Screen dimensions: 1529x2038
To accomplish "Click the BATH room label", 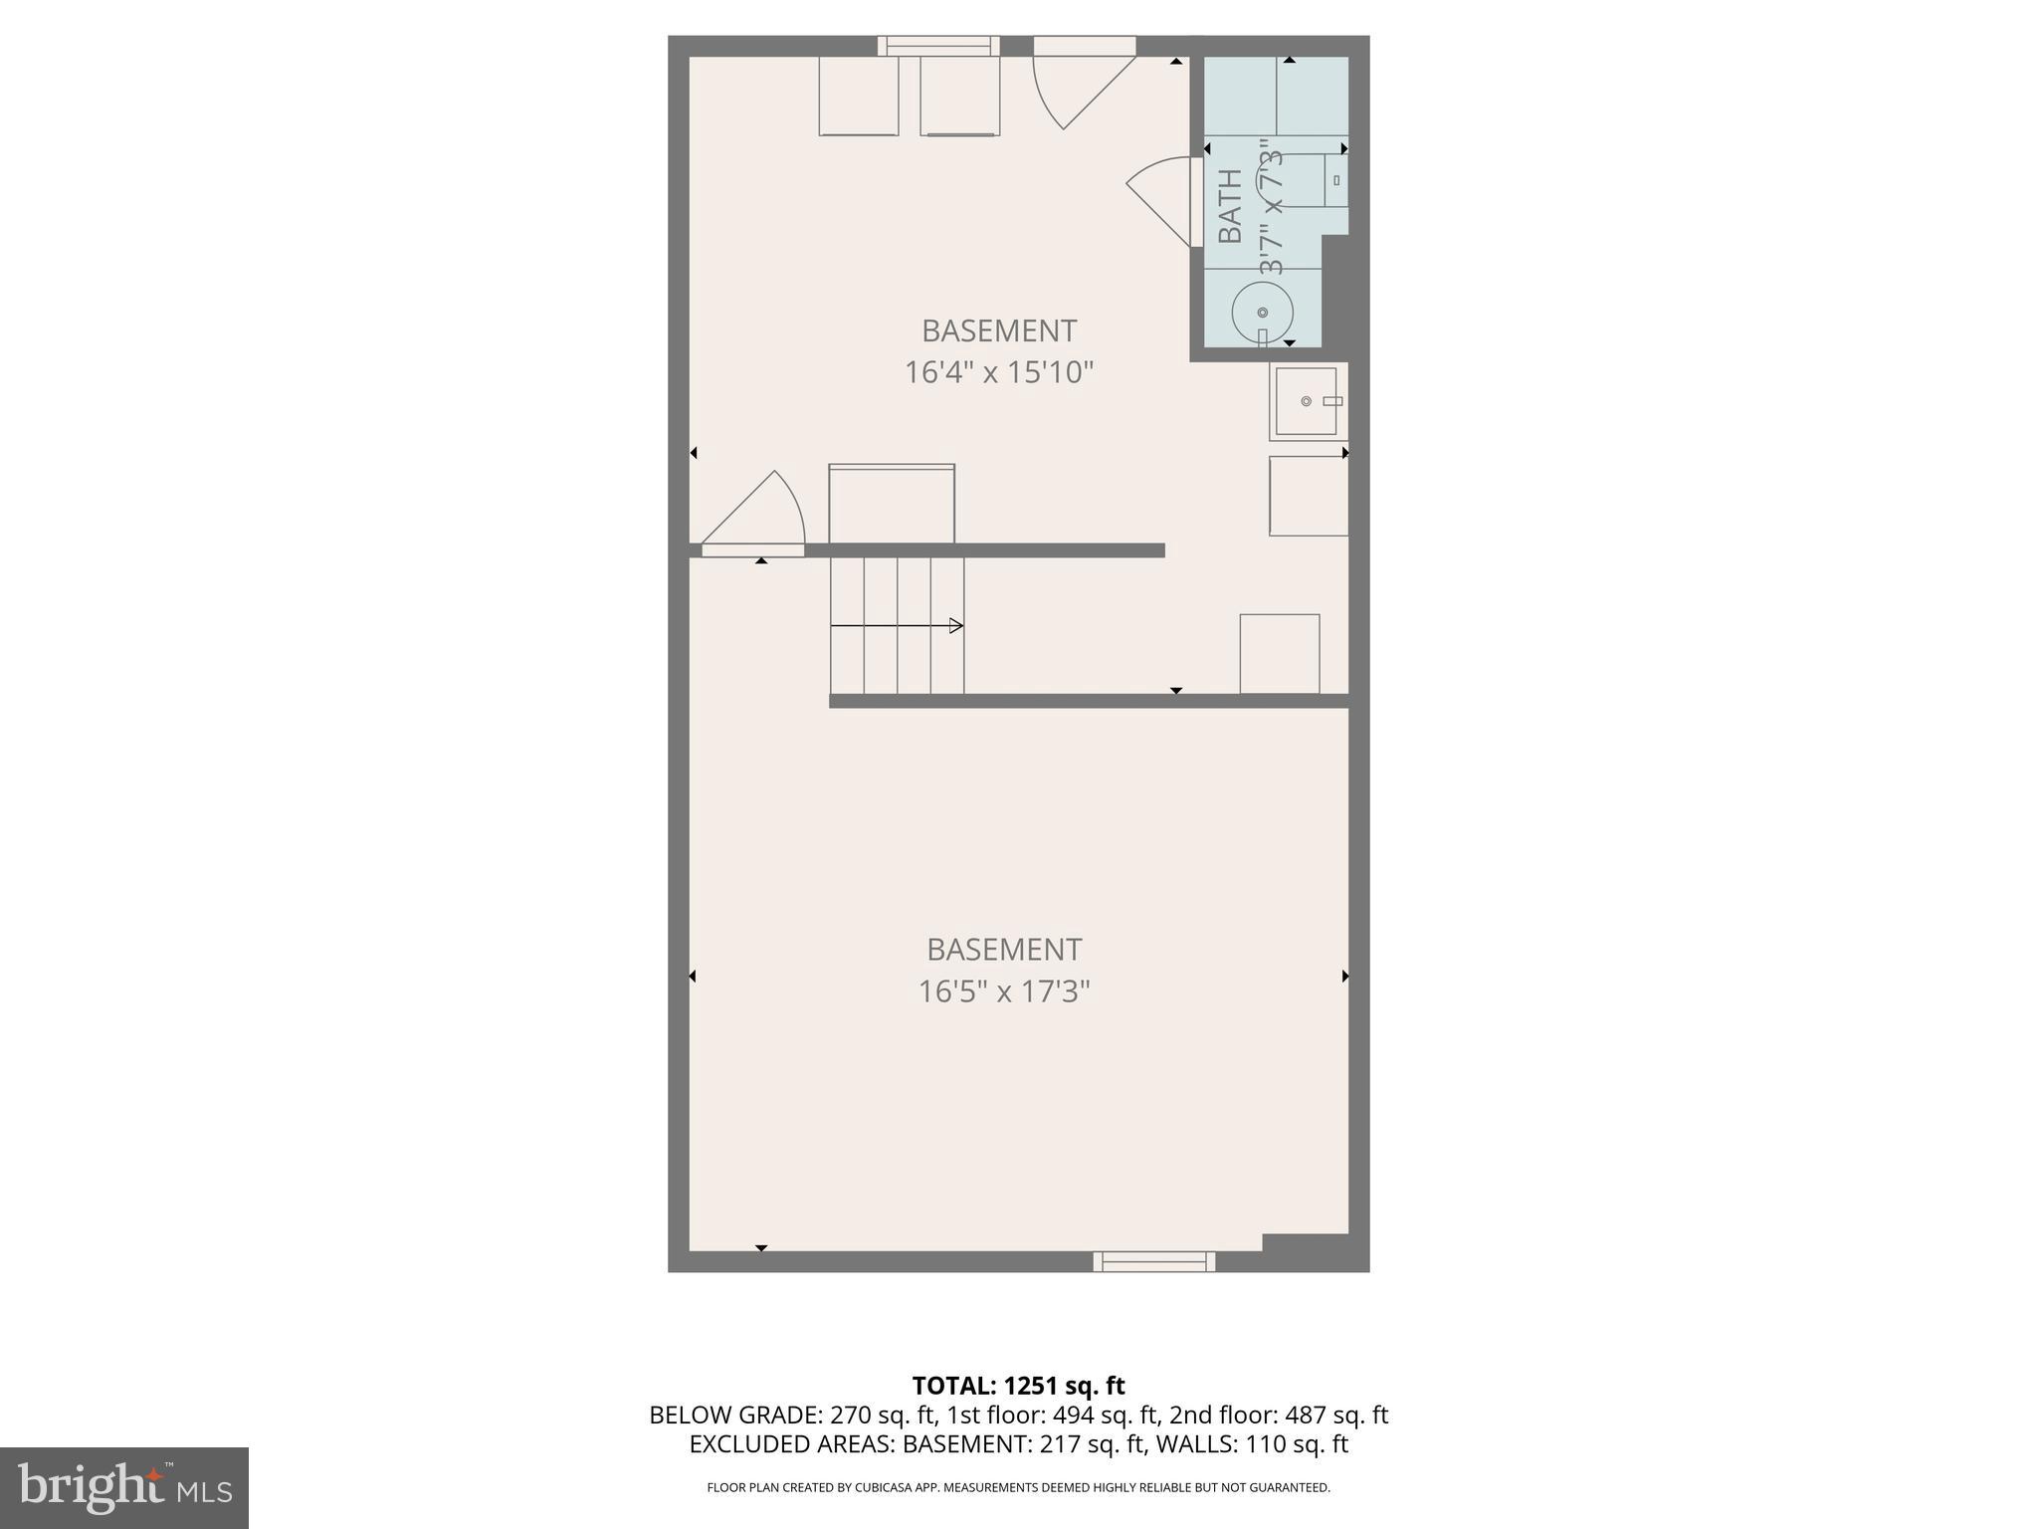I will [1231, 206].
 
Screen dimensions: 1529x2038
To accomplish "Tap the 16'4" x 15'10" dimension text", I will [998, 372].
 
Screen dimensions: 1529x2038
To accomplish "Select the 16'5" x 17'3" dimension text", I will [1003, 991].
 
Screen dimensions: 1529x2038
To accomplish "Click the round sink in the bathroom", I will [1262, 313].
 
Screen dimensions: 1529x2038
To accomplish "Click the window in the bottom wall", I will [1153, 1261].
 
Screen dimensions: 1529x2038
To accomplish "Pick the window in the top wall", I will [938, 45].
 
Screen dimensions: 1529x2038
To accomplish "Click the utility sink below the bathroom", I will [1307, 401].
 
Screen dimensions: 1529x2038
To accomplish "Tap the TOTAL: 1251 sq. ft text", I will [1018, 1386].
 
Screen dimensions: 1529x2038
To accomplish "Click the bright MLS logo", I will [124, 1488].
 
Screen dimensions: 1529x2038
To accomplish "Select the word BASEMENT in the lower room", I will [1003, 950].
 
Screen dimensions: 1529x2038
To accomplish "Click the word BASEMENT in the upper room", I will [998, 330].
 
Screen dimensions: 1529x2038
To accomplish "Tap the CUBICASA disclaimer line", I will [1018, 1488].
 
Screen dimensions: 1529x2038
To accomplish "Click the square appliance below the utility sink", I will [1308, 496].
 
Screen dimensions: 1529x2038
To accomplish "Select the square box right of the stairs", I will [1279, 653].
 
